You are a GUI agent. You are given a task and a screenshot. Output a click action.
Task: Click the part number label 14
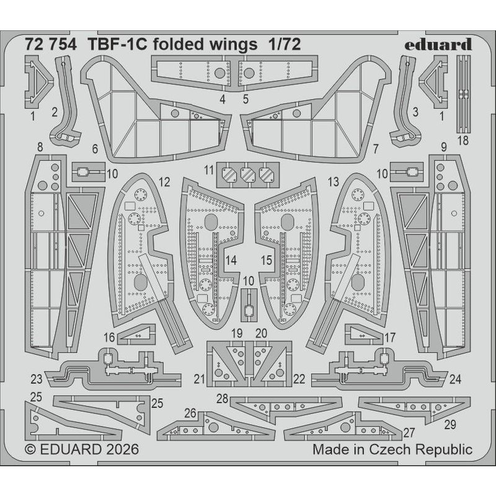pos(231,261)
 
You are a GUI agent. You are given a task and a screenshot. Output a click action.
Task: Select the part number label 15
pos(266,261)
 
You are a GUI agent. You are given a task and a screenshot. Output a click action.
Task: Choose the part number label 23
pos(36,378)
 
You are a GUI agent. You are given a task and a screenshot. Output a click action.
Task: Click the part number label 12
pos(164,183)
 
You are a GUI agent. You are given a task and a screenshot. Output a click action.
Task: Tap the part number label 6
pos(94,149)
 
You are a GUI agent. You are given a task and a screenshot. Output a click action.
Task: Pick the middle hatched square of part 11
pos(248,175)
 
